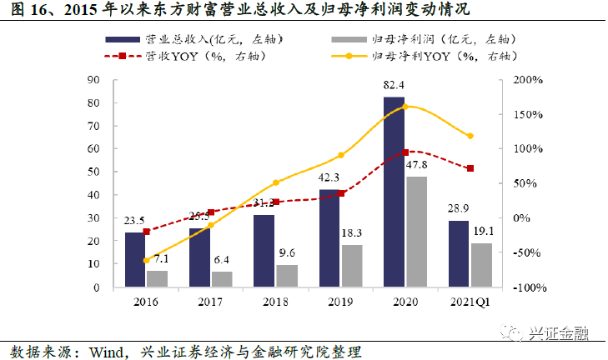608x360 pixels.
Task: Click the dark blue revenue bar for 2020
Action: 394,192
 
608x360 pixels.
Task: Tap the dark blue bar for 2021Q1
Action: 459,253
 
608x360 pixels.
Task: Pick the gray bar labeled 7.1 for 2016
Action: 157,278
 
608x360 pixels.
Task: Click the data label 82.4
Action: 394,85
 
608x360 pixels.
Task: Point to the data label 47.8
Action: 417,165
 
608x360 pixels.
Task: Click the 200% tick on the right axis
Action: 529,80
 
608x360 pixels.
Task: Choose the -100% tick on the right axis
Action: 527,287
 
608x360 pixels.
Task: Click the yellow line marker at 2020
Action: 405,107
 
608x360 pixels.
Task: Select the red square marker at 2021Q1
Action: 470,168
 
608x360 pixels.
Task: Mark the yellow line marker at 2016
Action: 146,260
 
